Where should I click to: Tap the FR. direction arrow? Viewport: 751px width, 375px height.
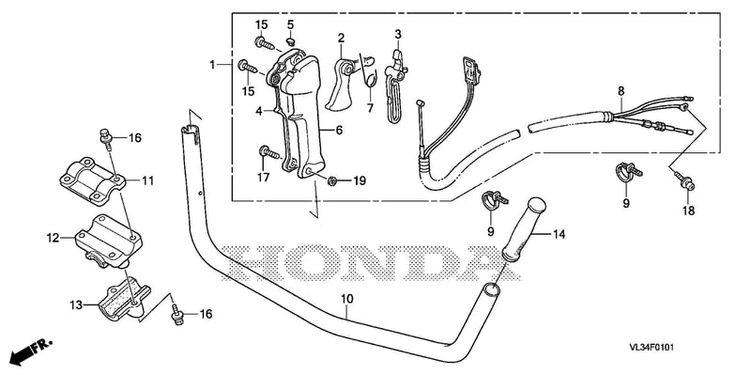click(29, 351)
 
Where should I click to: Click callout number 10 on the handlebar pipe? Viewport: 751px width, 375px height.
click(347, 299)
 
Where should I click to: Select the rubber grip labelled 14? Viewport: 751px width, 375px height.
click(523, 230)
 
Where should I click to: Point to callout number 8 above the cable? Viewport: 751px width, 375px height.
click(621, 90)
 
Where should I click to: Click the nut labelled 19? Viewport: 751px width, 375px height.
click(330, 180)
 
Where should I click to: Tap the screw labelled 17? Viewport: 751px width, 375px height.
click(269, 152)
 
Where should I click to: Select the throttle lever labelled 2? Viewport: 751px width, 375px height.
click(342, 81)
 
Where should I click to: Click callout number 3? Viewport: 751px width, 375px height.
click(398, 35)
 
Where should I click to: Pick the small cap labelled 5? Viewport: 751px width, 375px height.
click(291, 39)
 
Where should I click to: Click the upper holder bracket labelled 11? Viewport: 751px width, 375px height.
click(92, 180)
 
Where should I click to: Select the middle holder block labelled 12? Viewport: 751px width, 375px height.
click(109, 242)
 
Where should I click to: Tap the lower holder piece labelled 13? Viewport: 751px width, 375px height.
click(124, 303)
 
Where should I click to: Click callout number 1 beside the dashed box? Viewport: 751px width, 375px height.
click(212, 64)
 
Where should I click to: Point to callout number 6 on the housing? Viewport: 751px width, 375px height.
click(339, 130)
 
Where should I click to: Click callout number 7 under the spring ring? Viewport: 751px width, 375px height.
click(370, 108)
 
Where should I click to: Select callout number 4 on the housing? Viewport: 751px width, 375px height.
click(259, 111)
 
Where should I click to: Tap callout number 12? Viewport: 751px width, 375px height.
click(53, 238)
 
